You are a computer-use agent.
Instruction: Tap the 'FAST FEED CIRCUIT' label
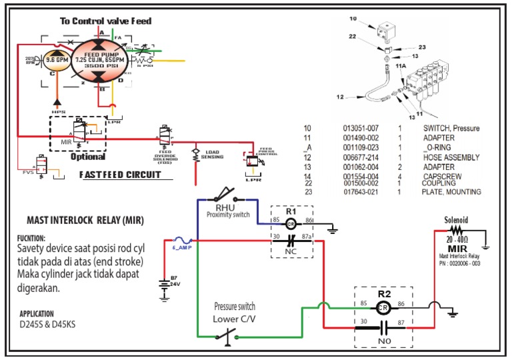tap(122, 175)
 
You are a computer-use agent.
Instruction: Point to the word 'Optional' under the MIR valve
tap(87, 157)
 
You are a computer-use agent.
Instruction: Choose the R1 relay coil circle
tap(291, 225)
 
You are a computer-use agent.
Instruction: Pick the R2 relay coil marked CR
tap(383, 308)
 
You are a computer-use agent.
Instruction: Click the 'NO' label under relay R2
tap(383, 340)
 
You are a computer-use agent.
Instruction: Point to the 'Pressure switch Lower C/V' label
tap(234, 312)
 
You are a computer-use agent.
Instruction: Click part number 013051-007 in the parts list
tap(361, 128)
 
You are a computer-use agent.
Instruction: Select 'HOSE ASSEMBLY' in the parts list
tap(451, 157)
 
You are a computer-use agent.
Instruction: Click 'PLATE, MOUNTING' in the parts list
tap(451, 192)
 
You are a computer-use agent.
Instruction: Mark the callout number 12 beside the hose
tap(340, 97)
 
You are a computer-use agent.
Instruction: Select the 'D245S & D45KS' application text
tap(46, 325)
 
